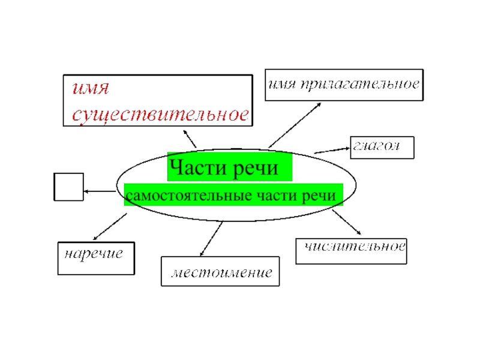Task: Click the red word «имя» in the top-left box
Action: [x=90, y=89]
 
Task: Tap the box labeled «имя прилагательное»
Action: [x=344, y=85]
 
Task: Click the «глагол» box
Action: [x=382, y=147]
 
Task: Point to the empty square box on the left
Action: [x=68, y=187]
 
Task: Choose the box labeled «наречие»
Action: [x=95, y=258]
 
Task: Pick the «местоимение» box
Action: [x=220, y=271]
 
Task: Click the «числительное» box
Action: [x=351, y=251]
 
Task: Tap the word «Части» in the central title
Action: [x=194, y=167]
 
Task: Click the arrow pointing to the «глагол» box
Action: [x=332, y=149]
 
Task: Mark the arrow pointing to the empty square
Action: [x=99, y=191]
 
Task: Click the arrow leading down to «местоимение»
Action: [x=211, y=238]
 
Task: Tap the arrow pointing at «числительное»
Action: [x=346, y=222]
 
